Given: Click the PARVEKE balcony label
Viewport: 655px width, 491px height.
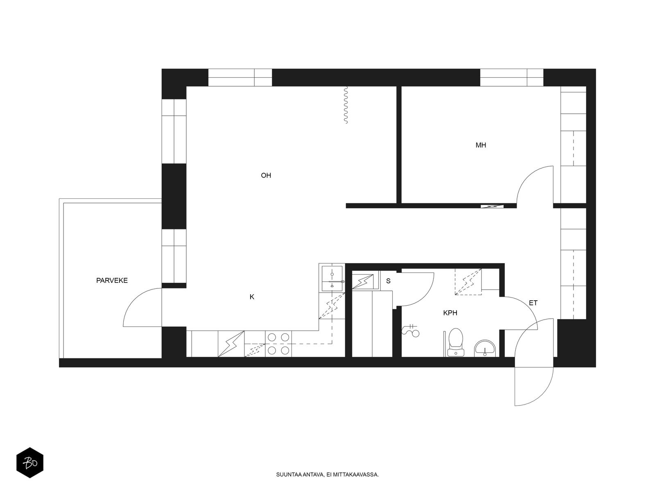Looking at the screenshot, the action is (112, 280).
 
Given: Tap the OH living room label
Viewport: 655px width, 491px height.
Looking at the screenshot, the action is (266, 175).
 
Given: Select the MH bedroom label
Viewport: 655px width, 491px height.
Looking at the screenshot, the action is (481, 145).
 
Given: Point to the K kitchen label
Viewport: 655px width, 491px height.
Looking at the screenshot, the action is (252, 297).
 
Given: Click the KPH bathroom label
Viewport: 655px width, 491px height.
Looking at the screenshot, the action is (450, 313).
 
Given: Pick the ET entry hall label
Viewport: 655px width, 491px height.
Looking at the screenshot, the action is (533, 303).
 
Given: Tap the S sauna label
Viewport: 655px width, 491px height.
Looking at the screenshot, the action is (388, 281).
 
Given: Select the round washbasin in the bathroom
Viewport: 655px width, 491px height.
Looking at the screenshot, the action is (485, 348).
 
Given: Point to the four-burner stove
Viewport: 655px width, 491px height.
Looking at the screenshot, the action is (278, 344).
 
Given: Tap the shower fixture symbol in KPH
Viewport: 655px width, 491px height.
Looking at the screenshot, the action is (410, 330).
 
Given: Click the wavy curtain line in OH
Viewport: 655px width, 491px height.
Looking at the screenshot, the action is (346, 105).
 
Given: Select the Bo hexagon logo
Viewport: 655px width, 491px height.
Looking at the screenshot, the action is (30, 463).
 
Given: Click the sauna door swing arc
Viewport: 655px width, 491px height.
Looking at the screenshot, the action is (424, 295).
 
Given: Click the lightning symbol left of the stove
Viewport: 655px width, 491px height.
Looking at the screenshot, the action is (231, 344).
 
